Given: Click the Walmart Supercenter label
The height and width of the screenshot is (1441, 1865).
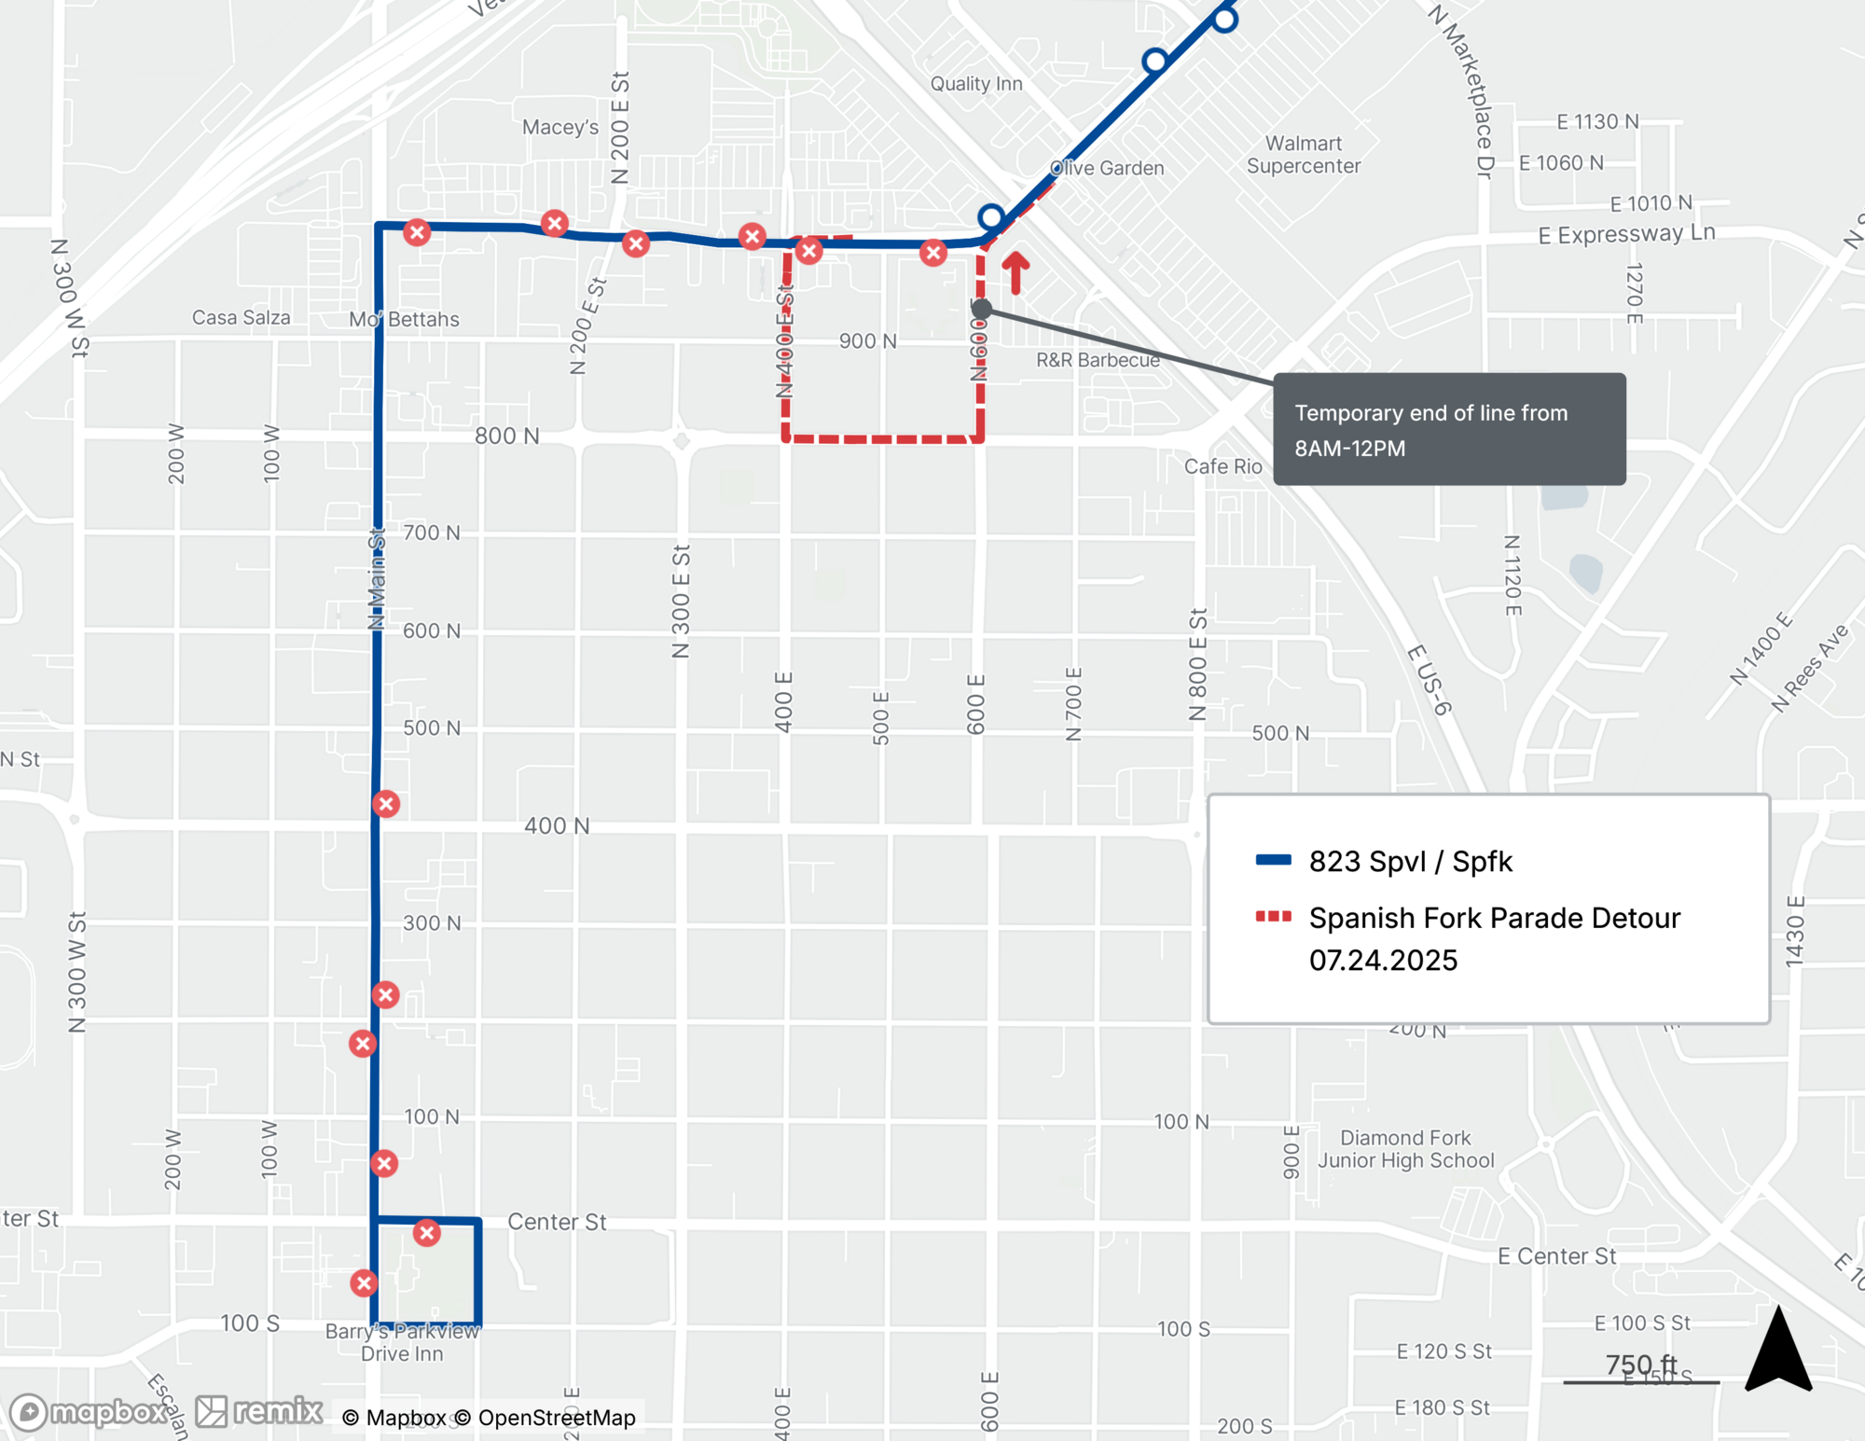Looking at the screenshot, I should (x=1303, y=155).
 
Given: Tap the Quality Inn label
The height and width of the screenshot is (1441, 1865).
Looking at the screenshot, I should (x=975, y=84).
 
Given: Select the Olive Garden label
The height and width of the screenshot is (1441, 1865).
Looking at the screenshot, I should (x=1107, y=168).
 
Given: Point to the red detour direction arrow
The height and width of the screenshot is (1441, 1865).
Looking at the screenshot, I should (x=1015, y=272).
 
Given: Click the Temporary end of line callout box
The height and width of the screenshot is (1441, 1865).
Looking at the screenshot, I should (x=1448, y=429).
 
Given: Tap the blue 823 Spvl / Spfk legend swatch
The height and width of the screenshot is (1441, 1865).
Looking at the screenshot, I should (x=1273, y=860).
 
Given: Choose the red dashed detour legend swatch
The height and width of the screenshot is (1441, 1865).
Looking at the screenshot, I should (x=1273, y=917).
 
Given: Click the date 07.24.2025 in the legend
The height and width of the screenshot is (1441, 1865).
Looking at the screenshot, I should (x=1382, y=960).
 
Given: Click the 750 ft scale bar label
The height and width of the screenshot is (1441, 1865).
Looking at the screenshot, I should (x=1640, y=1365).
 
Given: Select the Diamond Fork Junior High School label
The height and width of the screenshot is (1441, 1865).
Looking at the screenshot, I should (x=1405, y=1149).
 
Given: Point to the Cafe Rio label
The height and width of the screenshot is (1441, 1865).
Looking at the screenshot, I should (x=1223, y=466).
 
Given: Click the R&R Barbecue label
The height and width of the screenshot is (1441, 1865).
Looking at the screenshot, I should (x=1098, y=360).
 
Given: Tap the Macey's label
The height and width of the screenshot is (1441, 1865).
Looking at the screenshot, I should (x=559, y=127).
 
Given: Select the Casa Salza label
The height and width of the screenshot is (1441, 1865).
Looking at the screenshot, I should (x=241, y=318).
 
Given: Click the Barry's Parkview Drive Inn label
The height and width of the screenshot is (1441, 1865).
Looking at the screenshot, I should (x=402, y=1342).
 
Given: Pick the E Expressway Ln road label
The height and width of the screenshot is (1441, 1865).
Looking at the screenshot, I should (x=1625, y=233).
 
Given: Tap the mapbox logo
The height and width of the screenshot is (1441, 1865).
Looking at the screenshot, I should (x=90, y=1412).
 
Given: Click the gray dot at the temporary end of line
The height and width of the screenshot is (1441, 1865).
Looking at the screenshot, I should (x=981, y=308).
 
